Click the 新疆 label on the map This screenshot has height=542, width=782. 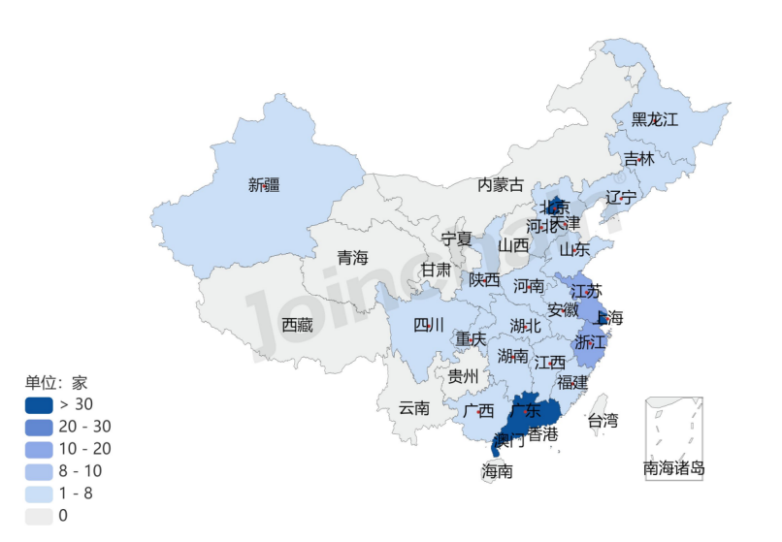(x=264, y=184)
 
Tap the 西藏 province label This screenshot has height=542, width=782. (x=298, y=326)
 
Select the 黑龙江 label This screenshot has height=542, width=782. (x=655, y=120)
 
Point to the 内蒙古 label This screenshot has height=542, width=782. (x=500, y=184)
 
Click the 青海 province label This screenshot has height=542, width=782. (x=353, y=258)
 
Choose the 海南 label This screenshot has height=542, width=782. (x=498, y=472)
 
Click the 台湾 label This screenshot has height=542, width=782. (x=603, y=421)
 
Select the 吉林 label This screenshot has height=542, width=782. (x=638, y=158)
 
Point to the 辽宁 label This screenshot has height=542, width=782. (x=621, y=197)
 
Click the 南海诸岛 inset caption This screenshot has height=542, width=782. (x=674, y=469)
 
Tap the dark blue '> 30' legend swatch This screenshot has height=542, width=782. (x=39, y=404)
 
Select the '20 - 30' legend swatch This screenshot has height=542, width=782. (x=39, y=427)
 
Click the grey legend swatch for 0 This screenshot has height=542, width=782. (x=39, y=516)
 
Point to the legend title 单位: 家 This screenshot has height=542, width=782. (x=56, y=383)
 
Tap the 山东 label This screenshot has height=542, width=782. (x=574, y=249)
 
